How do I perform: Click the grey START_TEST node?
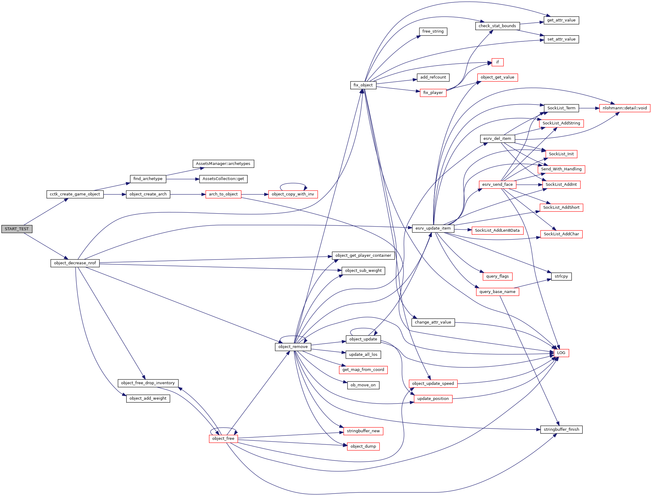point(17,229)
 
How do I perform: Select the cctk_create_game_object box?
point(75,194)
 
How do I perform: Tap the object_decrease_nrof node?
point(75,263)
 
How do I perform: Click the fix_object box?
point(363,85)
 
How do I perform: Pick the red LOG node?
point(561,353)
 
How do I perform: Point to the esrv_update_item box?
point(433,228)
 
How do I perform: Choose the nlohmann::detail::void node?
point(625,108)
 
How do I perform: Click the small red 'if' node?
point(497,62)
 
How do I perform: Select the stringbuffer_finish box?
point(561,430)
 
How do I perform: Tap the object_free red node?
point(223,439)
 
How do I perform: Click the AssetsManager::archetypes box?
point(223,164)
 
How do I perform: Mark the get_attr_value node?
point(561,20)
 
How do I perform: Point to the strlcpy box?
point(561,276)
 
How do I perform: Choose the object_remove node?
point(293,347)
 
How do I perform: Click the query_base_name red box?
point(497,292)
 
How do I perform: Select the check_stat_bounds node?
point(497,26)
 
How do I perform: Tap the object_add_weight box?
point(148,398)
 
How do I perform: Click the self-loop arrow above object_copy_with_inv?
point(293,183)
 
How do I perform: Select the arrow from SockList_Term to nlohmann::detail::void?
point(589,108)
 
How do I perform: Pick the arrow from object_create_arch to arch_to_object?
point(188,194)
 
